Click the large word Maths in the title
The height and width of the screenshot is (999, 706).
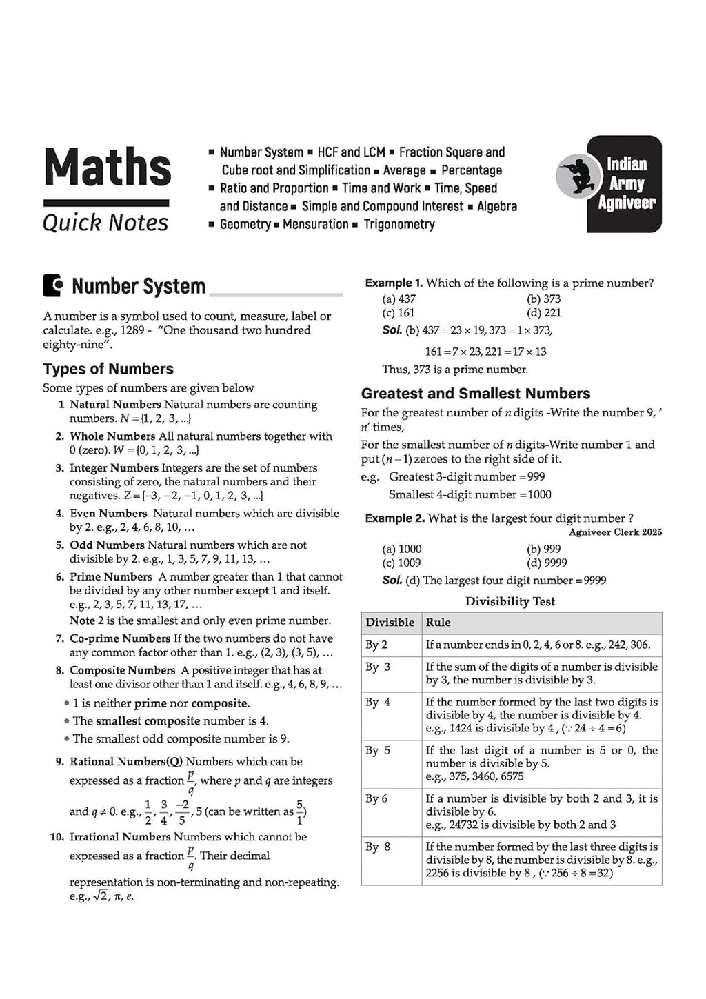(x=107, y=168)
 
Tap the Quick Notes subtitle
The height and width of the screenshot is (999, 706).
(x=105, y=223)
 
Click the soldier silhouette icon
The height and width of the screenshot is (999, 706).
(x=576, y=177)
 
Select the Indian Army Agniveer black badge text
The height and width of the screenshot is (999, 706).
(x=626, y=183)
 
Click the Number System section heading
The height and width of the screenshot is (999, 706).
(x=138, y=286)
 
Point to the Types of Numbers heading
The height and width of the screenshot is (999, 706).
(x=108, y=369)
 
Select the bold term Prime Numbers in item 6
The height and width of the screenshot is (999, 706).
(x=110, y=576)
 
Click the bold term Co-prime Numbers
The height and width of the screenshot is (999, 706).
(x=119, y=638)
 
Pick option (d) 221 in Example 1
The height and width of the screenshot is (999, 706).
(x=543, y=312)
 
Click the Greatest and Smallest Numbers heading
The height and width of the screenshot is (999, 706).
(x=476, y=394)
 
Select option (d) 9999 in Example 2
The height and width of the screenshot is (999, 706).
(x=546, y=563)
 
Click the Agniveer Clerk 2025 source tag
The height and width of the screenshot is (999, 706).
(x=615, y=532)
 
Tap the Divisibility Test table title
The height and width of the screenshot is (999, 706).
(x=510, y=601)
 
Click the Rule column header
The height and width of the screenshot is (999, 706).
(x=438, y=623)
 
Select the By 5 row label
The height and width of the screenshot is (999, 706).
(x=378, y=750)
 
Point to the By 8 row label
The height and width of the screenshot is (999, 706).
(x=378, y=847)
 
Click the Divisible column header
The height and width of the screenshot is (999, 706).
(x=390, y=623)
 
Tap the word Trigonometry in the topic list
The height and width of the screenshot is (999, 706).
(x=399, y=224)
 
